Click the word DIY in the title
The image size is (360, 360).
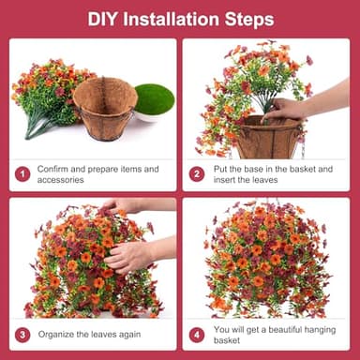(104, 19)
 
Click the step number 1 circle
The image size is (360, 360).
(22, 173)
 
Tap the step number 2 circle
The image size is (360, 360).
(197, 173)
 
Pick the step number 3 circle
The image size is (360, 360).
(22, 334)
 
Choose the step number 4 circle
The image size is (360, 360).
(197, 334)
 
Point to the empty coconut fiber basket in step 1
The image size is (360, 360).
(105, 108)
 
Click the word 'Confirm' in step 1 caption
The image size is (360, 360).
(53, 169)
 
